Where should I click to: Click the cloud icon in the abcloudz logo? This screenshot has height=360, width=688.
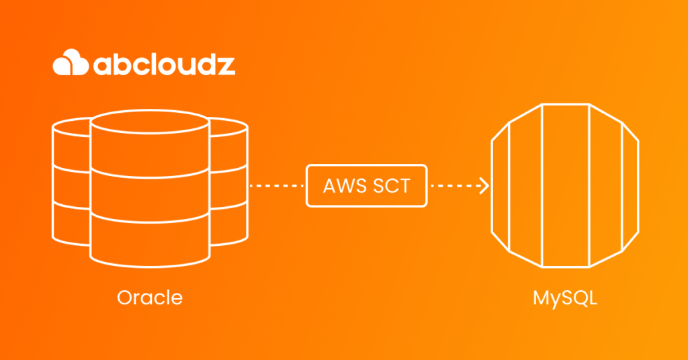tap(70, 64)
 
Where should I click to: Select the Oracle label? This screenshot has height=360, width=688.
tap(150, 297)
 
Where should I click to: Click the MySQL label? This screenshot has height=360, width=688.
tap(565, 297)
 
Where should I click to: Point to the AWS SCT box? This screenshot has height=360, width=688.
tap(366, 185)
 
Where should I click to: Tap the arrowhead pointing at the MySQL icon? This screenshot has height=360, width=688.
tap(484, 185)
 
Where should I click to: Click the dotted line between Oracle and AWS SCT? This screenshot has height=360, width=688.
tap(277, 185)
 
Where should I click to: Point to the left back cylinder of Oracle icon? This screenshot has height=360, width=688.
tap(71, 181)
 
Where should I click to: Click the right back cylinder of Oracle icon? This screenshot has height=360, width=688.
tap(228, 181)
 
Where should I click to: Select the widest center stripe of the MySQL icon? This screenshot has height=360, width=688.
tap(565, 185)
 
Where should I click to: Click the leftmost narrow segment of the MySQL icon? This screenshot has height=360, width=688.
tap(500, 185)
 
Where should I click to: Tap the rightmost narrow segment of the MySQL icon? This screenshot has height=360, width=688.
tap(631, 185)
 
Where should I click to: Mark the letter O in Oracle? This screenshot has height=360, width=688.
tap(124, 297)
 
